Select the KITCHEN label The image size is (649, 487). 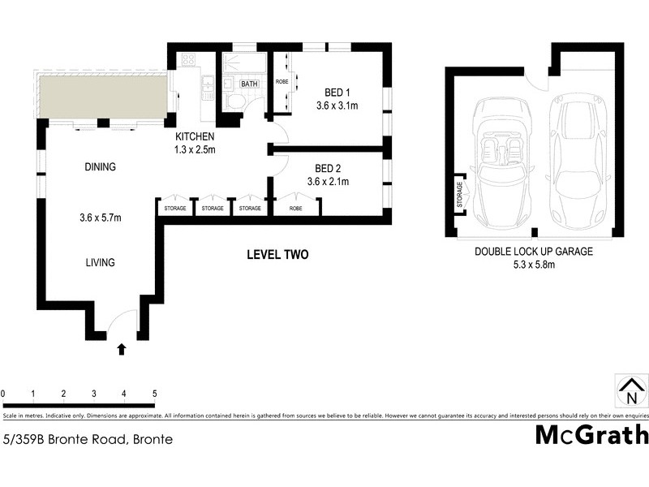tap(195, 136)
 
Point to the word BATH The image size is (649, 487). tap(249, 84)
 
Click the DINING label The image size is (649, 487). tap(100, 167)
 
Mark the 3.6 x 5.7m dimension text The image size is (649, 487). tap(100, 217)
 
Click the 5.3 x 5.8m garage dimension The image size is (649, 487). tap(533, 264)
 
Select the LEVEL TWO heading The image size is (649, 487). tap(277, 255)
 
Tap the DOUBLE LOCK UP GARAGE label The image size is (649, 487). tap(533, 252)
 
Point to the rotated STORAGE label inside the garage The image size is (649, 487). tap(460, 195)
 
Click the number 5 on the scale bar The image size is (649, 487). tap(154, 394)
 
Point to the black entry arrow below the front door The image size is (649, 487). tap(122, 349)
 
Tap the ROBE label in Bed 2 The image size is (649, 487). tap(295, 209)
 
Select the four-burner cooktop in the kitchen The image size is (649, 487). tap(187, 59)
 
